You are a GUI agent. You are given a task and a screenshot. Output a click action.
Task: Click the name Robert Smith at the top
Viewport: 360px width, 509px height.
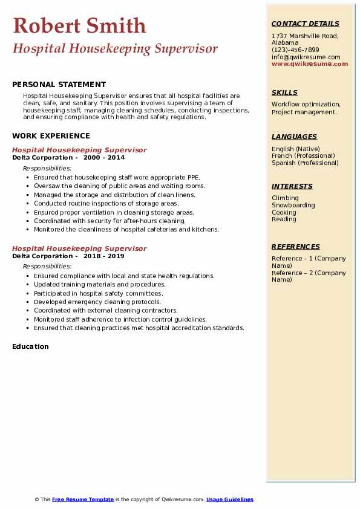coord(79,25)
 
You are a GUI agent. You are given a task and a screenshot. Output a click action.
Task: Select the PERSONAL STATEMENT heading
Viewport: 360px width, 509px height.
coord(59,85)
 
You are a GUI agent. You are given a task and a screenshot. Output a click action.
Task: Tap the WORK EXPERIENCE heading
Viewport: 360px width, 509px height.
coord(51,136)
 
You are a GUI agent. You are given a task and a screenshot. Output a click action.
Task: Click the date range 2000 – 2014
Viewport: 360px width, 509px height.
coord(104,158)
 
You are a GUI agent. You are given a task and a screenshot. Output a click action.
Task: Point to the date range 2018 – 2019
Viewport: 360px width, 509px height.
coord(104,256)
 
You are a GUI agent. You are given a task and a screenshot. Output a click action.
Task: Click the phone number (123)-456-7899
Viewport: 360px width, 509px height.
coord(295,50)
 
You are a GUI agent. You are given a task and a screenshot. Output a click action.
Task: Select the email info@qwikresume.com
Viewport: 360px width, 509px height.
coord(306,57)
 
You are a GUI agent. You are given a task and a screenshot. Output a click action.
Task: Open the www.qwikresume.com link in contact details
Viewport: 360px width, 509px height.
coord(310,63)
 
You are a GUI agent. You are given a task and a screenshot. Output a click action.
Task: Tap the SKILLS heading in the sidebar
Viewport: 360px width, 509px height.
coord(284,92)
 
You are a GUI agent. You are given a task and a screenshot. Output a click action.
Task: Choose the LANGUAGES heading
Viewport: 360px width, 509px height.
coord(294,137)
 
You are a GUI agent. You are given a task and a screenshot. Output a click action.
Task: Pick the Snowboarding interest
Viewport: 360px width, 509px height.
coord(293,206)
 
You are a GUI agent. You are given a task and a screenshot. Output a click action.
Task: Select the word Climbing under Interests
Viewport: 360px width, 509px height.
coord(285,198)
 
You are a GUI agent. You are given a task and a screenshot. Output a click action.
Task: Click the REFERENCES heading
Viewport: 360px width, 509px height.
coord(295,247)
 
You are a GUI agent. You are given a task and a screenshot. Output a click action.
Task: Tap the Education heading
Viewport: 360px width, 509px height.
coord(30,346)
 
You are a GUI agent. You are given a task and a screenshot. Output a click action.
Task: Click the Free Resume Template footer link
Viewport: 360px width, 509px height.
coord(83,499)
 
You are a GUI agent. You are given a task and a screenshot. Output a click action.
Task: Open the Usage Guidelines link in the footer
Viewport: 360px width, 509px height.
coord(229,499)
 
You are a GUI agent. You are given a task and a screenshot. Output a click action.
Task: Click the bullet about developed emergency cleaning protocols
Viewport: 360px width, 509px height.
coord(97,302)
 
